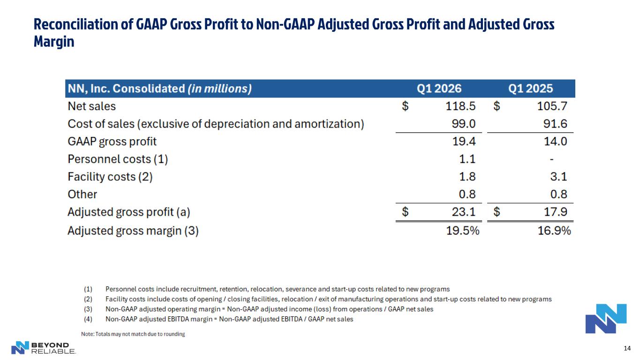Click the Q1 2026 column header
click(x=439, y=89)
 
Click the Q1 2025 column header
click(x=530, y=89)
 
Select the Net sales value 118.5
click(x=460, y=106)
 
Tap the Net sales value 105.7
click(x=552, y=106)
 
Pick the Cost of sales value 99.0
click(x=464, y=124)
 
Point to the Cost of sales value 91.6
click(x=555, y=124)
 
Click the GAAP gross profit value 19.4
click(x=464, y=142)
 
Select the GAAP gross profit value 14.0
click(x=556, y=142)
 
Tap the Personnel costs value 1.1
click(x=467, y=159)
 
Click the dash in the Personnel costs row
click(x=552, y=159)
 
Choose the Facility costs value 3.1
click(x=558, y=177)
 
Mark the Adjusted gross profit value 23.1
click(x=464, y=212)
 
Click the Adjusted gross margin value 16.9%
click(x=554, y=231)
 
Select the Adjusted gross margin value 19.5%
click(x=463, y=231)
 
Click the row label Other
click(x=83, y=194)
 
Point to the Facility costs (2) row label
click(x=110, y=177)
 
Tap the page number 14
click(x=627, y=348)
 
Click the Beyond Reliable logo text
click(x=53, y=348)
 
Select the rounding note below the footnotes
click(x=133, y=334)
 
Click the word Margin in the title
click(x=54, y=42)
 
